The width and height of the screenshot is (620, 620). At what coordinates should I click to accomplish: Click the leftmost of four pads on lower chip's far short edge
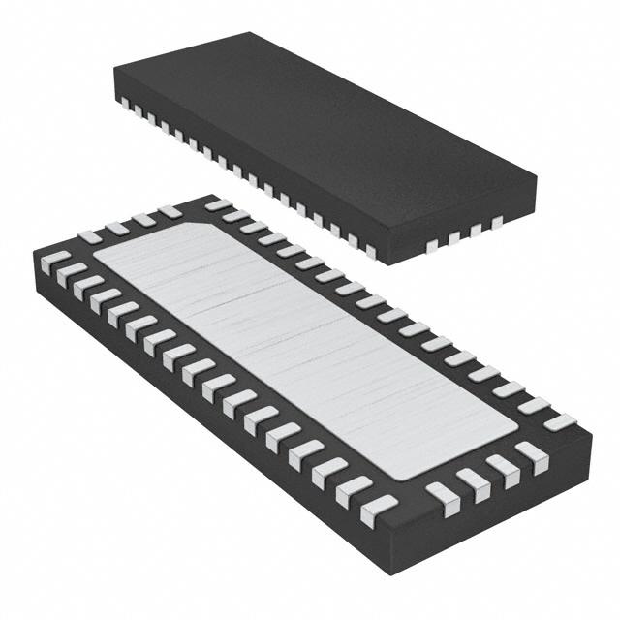(x=89, y=235)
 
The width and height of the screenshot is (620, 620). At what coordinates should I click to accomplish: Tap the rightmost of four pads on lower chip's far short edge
(x=170, y=210)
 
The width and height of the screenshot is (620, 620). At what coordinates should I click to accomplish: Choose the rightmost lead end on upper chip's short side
(x=496, y=222)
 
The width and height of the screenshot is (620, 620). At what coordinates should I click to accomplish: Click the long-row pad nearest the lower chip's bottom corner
(x=379, y=506)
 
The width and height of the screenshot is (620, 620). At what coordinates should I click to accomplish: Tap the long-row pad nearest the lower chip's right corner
(x=559, y=422)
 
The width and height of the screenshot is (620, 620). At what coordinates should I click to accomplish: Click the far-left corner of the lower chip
(x=32, y=254)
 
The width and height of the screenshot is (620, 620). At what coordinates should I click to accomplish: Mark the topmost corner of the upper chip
(x=254, y=32)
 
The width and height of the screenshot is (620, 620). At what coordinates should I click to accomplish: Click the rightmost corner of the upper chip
(x=537, y=177)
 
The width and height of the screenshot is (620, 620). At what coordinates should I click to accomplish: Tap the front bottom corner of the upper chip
(x=378, y=263)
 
